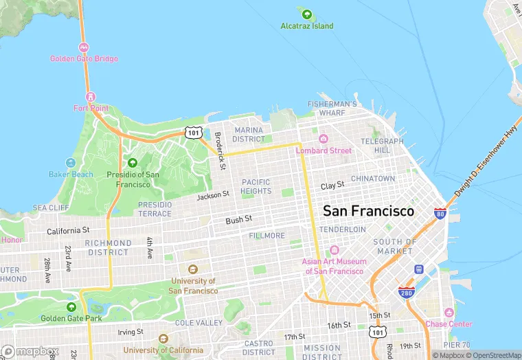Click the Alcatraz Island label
(306, 26)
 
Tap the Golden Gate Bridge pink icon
(84, 47)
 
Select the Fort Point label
(91, 108)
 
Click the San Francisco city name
(368, 211)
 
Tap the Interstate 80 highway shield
(440, 214)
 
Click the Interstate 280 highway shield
(405, 292)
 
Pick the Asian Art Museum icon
(334, 250)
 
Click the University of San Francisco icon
(193, 269)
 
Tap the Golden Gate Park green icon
(71, 306)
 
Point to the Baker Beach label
(71, 174)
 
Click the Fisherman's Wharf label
(332, 108)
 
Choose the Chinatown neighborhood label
(373, 178)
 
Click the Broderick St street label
(220, 150)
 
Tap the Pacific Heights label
(256, 186)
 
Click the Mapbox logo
(30, 351)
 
